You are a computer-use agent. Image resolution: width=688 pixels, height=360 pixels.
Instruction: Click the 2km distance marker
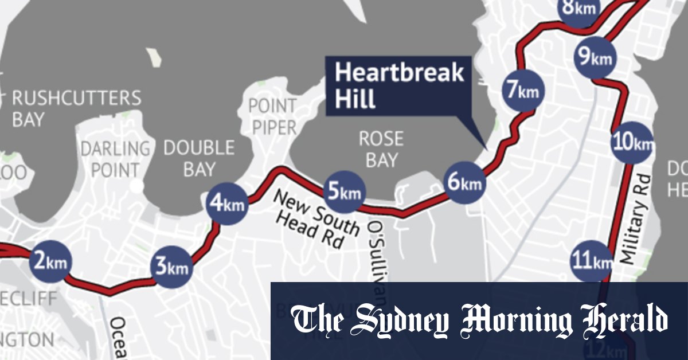(x=51, y=262)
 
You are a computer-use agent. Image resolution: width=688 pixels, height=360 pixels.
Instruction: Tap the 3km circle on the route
(x=171, y=267)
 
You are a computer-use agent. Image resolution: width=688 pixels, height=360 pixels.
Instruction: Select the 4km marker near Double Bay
(x=228, y=203)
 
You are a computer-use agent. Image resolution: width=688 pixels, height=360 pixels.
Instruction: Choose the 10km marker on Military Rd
(x=632, y=142)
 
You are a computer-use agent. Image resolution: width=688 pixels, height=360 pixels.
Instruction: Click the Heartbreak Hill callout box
(x=399, y=85)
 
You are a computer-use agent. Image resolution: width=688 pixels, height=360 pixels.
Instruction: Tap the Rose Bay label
(x=381, y=150)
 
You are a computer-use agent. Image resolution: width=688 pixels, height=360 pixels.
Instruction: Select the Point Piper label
(x=272, y=116)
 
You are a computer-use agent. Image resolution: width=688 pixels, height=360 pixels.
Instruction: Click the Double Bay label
(x=199, y=158)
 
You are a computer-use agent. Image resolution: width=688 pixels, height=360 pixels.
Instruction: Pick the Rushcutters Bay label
(x=76, y=108)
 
